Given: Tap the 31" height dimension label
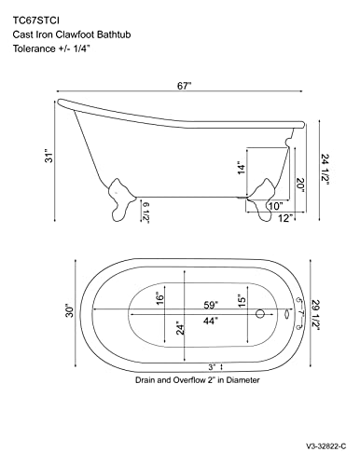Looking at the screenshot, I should point(32,158).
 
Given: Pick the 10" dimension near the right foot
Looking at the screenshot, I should point(275,205).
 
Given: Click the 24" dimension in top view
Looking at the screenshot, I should point(178,327).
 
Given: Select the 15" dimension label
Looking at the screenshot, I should point(243,300).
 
